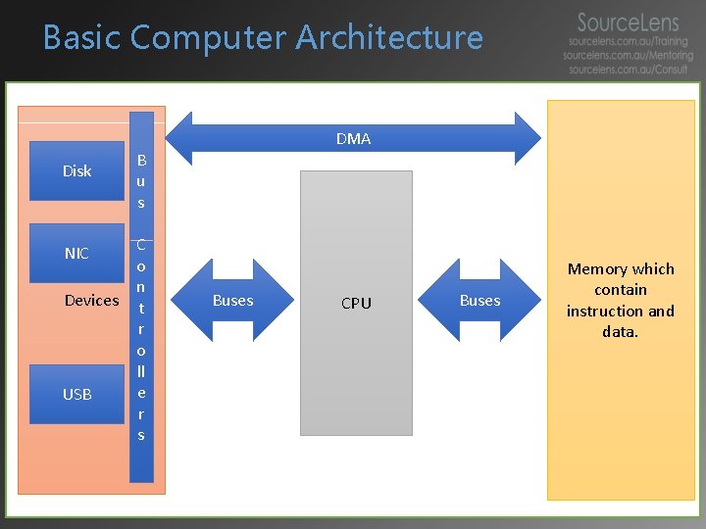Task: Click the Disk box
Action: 76,170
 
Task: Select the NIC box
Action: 76,253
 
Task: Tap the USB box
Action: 76,394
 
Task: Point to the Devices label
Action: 91,301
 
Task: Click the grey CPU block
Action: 356,303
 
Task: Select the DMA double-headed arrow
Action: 353,138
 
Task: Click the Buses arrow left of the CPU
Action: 233,301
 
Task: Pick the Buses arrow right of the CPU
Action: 480,301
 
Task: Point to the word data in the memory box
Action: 619,332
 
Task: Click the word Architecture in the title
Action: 389,38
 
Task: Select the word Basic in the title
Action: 82,38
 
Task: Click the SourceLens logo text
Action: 628,23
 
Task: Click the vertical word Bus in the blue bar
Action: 141,181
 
